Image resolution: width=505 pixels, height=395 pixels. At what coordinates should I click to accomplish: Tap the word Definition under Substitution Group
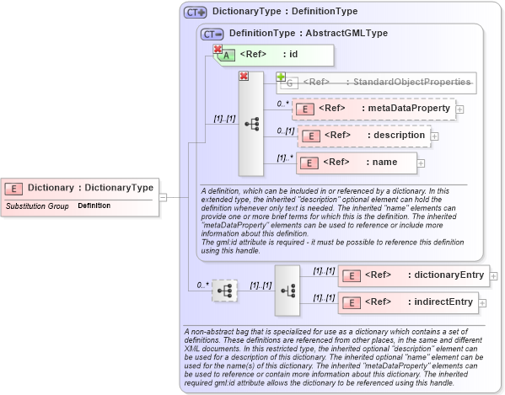(94, 206)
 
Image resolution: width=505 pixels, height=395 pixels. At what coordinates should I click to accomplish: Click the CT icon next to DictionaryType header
(196, 13)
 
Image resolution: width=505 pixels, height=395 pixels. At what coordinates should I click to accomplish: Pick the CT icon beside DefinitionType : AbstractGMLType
(212, 34)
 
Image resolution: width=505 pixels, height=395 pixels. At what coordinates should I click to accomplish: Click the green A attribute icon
(228, 56)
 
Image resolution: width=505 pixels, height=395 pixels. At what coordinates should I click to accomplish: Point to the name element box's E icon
(308, 163)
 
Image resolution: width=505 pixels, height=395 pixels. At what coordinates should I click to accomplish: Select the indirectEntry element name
(443, 302)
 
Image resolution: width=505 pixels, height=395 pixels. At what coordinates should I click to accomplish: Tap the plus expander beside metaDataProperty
(459, 109)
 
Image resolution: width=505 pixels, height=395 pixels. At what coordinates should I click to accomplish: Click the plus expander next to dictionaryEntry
(494, 275)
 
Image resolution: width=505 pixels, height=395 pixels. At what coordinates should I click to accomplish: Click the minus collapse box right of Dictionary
(163, 198)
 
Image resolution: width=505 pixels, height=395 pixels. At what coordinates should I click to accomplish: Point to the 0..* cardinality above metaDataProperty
(283, 104)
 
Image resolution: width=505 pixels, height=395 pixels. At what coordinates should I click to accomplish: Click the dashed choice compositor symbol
(225, 290)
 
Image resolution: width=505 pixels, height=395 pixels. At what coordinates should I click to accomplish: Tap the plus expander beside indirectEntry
(484, 302)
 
